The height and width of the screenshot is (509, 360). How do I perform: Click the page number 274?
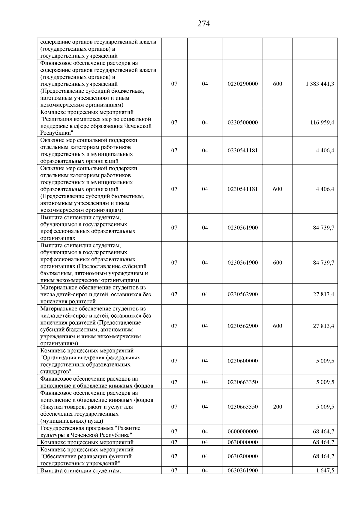[203, 23]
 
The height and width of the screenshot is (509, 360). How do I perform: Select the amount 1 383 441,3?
[320, 84]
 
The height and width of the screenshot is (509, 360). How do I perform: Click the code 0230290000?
[242, 84]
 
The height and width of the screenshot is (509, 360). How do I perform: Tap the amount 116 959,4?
[322, 122]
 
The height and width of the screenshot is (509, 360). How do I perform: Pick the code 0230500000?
[242, 122]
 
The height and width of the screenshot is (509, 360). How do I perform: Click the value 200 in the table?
[277, 407]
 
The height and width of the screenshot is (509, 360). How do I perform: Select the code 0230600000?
[242, 361]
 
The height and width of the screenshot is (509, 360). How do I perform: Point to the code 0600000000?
[242, 431]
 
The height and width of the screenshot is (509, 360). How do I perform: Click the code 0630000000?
[242, 442]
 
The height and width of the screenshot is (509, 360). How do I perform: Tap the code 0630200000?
[242, 456]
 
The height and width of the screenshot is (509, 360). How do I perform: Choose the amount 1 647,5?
[325, 471]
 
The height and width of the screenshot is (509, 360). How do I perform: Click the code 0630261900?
[242, 471]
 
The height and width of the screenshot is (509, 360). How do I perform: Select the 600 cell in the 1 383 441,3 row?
[277, 84]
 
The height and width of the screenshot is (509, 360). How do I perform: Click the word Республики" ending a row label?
[57, 133]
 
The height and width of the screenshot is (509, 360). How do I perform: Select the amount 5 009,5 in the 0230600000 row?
[325, 361]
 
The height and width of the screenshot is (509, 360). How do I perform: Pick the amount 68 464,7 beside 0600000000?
[323, 431]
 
